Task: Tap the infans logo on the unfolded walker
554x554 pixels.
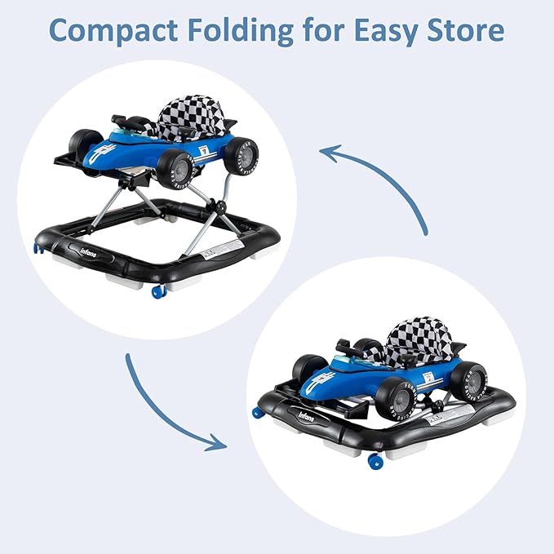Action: (x=91, y=246)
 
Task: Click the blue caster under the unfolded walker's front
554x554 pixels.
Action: (x=159, y=290)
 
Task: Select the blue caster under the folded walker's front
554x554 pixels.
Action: (x=375, y=461)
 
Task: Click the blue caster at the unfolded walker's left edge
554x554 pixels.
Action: (x=38, y=247)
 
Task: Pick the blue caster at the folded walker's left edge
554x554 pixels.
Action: (x=258, y=412)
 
